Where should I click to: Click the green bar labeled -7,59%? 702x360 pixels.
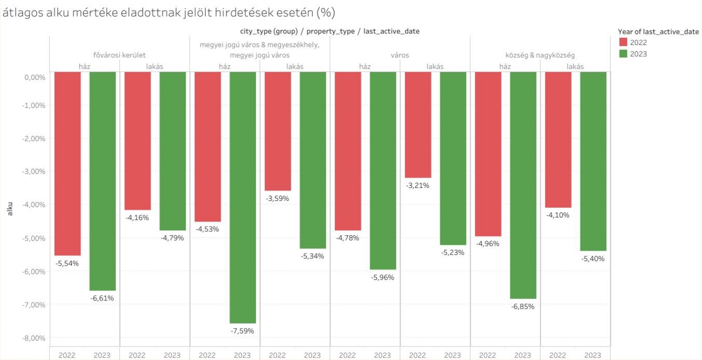242,197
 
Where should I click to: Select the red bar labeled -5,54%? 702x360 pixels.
67,164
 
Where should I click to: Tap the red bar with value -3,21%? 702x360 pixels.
418,125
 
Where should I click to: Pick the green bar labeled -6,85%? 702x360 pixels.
523,185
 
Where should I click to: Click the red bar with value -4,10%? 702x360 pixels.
558,140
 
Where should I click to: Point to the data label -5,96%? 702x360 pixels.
382,277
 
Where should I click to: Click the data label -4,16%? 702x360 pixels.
137,218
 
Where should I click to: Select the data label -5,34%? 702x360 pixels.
312,256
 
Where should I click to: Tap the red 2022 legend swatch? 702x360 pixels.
623,43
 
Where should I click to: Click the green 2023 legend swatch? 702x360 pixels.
623,54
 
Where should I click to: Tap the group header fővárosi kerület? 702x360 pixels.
119,55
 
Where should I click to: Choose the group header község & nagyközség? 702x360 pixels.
540,55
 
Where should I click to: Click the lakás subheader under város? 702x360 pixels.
435,67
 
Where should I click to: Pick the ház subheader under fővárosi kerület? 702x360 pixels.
85,67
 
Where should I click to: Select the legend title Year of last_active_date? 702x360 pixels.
658,31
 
